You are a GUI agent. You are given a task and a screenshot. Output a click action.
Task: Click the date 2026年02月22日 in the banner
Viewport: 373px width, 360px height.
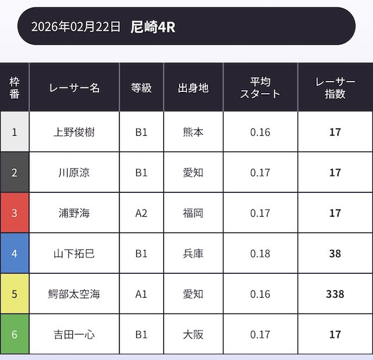(x=76, y=27)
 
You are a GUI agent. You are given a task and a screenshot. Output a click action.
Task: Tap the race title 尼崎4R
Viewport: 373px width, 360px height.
(x=153, y=27)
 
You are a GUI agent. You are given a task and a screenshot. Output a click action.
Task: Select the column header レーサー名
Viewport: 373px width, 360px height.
(x=74, y=88)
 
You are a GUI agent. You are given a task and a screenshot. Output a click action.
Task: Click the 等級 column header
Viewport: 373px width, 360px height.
(x=142, y=88)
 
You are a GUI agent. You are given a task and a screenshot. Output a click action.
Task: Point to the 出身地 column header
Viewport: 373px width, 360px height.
(x=193, y=88)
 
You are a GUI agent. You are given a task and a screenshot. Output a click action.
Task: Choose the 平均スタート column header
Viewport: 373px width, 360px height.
(x=260, y=88)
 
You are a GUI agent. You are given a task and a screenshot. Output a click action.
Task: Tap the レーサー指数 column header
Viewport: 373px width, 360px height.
(x=335, y=88)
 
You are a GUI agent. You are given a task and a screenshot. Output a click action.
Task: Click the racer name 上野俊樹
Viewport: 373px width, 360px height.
(x=74, y=132)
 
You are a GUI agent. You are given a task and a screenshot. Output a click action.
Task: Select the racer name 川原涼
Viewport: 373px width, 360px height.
(x=74, y=173)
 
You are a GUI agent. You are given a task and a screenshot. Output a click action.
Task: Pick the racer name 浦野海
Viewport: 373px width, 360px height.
(x=74, y=213)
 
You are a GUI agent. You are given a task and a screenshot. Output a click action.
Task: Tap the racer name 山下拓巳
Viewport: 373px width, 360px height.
(x=74, y=253)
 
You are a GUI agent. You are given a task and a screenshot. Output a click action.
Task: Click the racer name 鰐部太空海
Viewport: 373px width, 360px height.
(x=74, y=294)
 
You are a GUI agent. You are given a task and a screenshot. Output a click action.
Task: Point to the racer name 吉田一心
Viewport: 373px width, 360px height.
(x=74, y=334)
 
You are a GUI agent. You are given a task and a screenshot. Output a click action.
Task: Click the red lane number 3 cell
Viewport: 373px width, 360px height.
(x=15, y=213)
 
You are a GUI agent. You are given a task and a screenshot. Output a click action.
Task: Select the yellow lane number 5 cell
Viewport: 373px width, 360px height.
(x=15, y=294)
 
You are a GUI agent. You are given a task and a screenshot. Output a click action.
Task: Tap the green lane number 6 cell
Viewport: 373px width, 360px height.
(x=15, y=334)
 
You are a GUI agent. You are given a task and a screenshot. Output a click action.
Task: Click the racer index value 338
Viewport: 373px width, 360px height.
(x=335, y=294)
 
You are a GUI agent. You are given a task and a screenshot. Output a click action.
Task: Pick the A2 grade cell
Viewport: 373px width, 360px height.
(x=142, y=213)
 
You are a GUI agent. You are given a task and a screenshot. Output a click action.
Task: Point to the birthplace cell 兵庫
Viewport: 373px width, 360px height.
(x=193, y=253)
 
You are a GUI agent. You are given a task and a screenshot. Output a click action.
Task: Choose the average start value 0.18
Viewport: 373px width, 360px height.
(x=260, y=253)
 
